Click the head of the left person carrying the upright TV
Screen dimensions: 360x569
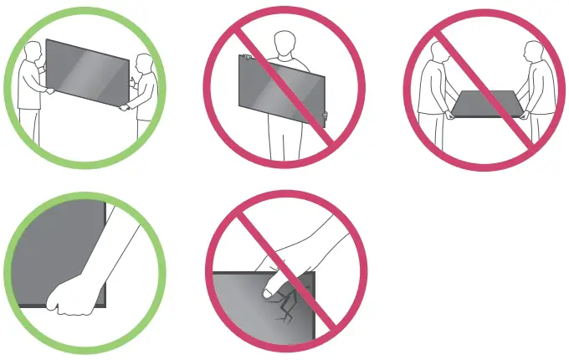pos(29,52)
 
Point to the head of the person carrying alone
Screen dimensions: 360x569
pos(285,41)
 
